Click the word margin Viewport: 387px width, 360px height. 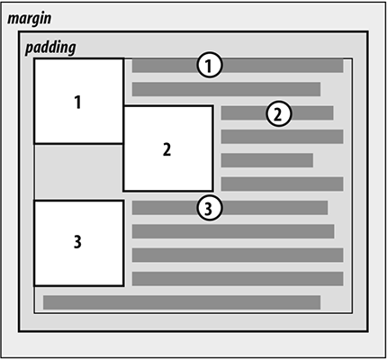click(x=30, y=19)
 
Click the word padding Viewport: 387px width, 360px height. click(x=50, y=48)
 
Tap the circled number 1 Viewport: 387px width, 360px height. click(x=210, y=65)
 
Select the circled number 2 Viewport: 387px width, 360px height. click(x=279, y=113)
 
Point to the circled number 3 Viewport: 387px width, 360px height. click(x=210, y=208)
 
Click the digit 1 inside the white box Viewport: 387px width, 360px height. click(x=77, y=102)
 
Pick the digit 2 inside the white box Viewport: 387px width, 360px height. click(x=166, y=149)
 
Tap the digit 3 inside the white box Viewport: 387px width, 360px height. click(x=77, y=242)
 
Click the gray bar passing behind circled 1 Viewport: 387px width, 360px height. click(x=238, y=66)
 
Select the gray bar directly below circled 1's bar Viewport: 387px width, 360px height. click(x=226, y=89)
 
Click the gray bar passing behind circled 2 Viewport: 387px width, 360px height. click(x=277, y=112)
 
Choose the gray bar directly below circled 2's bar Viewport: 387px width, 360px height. click(x=282, y=137)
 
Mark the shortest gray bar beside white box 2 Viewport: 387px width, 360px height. click(x=267, y=160)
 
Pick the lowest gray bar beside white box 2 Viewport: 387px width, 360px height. click(x=282, y=184)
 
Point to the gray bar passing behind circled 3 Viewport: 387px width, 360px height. click(x=229, y=208)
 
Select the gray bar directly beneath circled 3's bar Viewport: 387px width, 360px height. click(x=233, y=231)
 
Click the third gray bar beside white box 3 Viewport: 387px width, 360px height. click(x=238, y=255)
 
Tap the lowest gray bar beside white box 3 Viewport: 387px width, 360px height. click(x=238, y=279)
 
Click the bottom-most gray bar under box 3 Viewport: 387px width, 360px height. click(x=182, y=302)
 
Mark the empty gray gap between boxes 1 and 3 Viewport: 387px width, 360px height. click(x=79, y=172)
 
